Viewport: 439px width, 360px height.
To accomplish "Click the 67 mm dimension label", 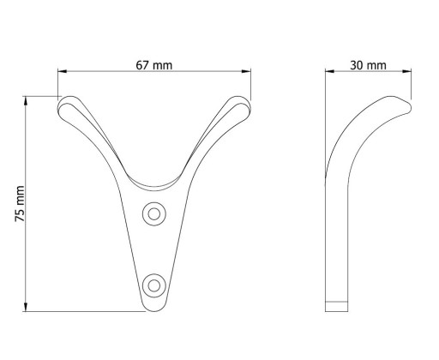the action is (154, 65).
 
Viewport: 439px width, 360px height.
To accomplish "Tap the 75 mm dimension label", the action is (20, 204).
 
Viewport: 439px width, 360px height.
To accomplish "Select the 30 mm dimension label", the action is (368, 65).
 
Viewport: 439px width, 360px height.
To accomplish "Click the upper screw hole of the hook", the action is (154, 214).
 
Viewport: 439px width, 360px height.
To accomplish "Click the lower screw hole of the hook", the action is (154, 285).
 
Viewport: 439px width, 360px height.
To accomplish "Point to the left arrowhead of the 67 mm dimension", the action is (63, 71).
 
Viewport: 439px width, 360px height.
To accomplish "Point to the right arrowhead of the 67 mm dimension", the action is (246, 71).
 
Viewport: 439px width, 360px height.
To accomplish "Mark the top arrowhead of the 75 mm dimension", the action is (26, 101).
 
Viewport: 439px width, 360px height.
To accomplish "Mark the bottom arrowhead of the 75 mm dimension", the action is (26, 307).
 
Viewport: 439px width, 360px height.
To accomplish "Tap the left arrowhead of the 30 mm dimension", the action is (330, 71).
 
